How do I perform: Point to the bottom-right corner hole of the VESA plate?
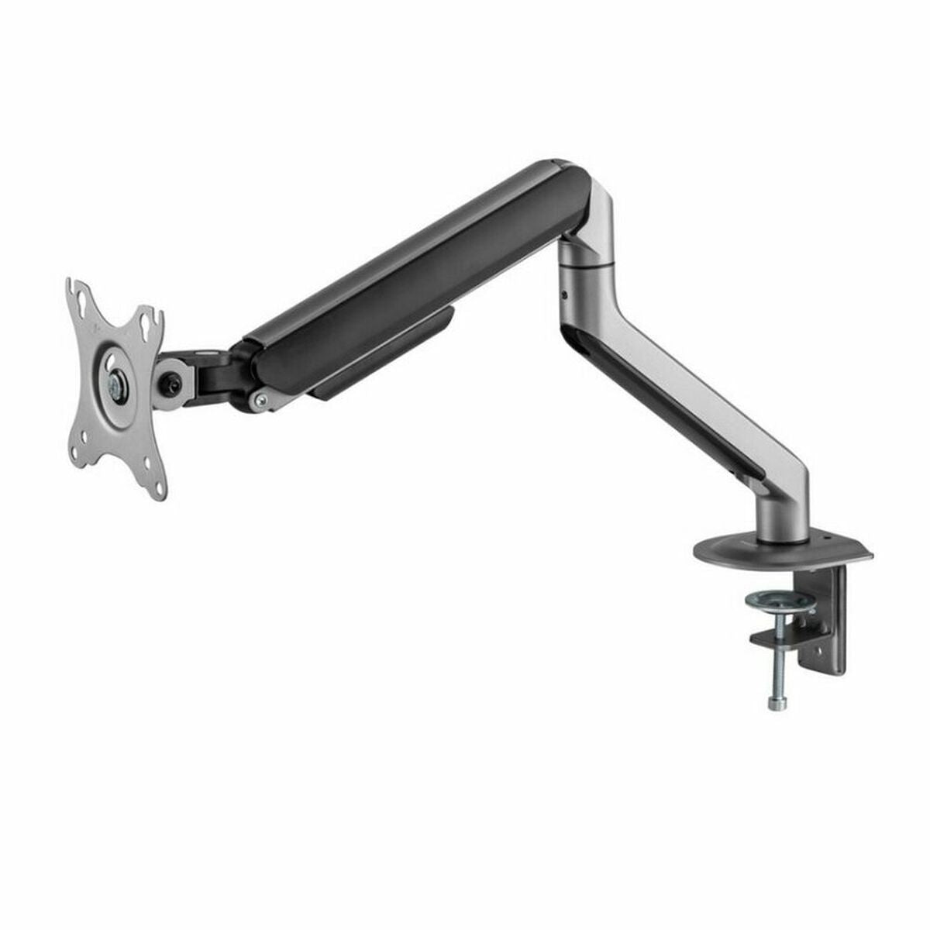160,487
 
